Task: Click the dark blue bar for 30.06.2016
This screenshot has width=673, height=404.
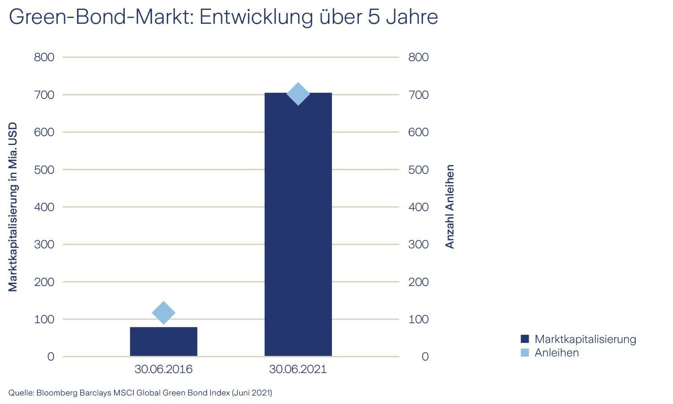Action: point(163,342)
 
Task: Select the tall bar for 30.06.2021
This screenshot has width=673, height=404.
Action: point(298,224)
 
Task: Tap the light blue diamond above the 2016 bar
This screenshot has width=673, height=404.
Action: point(163,313)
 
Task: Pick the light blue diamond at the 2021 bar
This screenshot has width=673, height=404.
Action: point(298,94)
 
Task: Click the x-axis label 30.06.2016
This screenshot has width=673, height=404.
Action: point(163,369)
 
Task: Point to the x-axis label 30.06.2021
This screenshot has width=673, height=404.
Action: point(298,369)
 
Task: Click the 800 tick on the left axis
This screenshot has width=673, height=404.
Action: point(44,57)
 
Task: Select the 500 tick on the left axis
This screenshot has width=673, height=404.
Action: point(44,170)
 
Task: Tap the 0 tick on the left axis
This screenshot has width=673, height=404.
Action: point(50,357)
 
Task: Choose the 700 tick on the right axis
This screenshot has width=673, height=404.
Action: point(418,95)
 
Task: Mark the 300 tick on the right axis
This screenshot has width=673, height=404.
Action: point(418,245)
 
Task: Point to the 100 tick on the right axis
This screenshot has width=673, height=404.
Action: point(418,319)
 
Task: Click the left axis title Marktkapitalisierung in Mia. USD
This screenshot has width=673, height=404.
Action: point(13,206)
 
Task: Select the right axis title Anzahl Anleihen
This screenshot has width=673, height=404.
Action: point(450,206)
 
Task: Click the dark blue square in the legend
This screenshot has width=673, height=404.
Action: point(525,339)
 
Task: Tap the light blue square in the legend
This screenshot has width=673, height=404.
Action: point(525,353)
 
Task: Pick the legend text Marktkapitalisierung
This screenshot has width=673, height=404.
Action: point(585,339)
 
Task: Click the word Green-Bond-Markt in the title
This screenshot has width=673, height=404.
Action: point(101,17)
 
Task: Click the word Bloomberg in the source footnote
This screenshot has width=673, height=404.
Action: point(57,393)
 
